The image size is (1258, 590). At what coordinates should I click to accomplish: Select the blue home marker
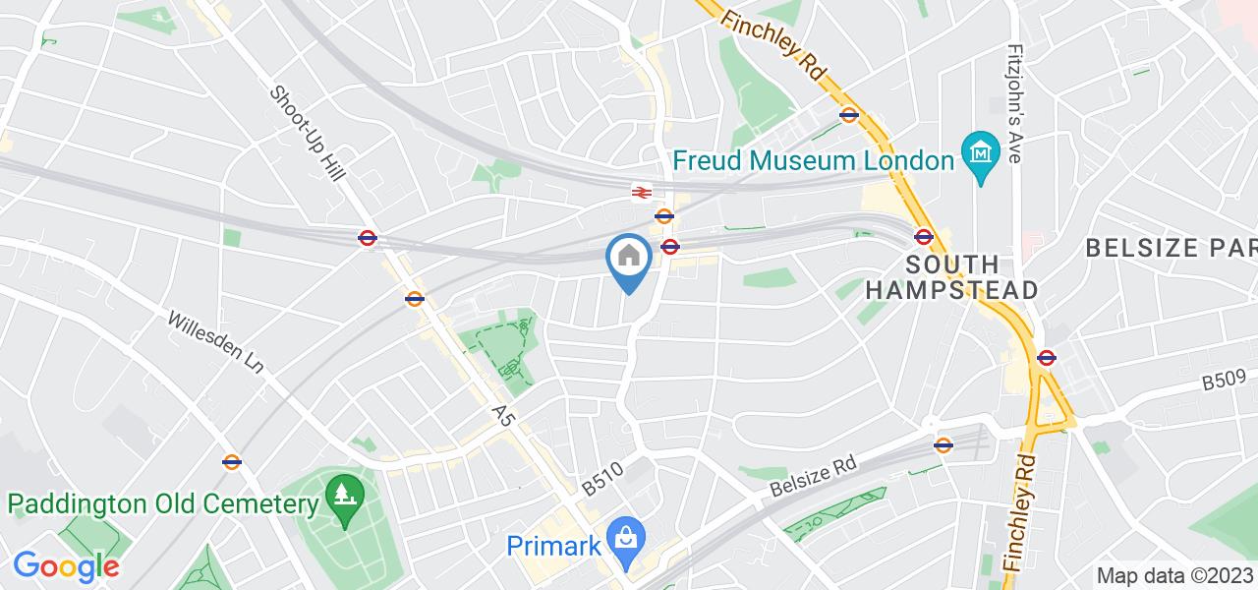tap(629, 260)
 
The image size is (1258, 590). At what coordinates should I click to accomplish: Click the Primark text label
tap(552, 544)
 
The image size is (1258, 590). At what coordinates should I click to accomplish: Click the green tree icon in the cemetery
tap(343, 493)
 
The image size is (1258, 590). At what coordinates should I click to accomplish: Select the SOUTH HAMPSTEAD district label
tap(952, 277)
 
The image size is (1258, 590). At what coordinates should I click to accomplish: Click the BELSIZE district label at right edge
tap(1171, 247)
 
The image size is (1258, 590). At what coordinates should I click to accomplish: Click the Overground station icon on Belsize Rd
tap(943, 444)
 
